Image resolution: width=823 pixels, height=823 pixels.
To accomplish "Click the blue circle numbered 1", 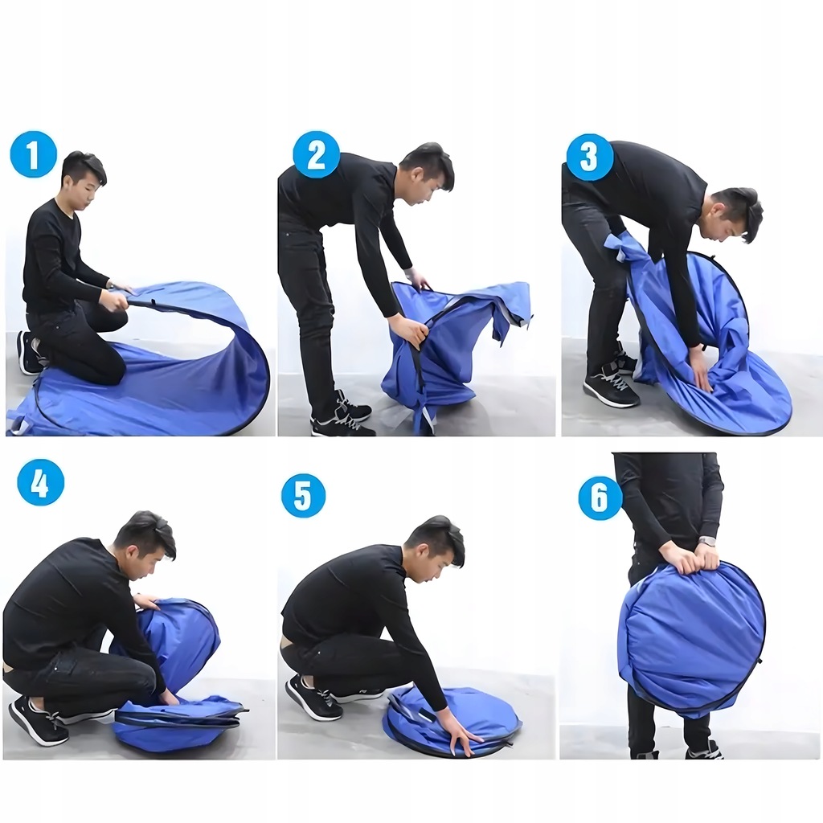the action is point(34,154).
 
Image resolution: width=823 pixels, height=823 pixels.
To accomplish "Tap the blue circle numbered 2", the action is point(317,154).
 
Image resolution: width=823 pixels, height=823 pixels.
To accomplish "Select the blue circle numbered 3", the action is point(590,157).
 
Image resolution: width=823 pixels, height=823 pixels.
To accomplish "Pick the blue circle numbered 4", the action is point(40,482).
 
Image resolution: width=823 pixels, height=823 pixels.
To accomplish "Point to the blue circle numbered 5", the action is point(303,495).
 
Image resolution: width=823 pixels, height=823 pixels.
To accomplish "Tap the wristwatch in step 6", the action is point(707,541).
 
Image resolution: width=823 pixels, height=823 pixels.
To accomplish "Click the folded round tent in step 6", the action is point(690,639).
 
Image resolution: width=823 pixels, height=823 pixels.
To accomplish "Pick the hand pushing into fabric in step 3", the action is point(700,380).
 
